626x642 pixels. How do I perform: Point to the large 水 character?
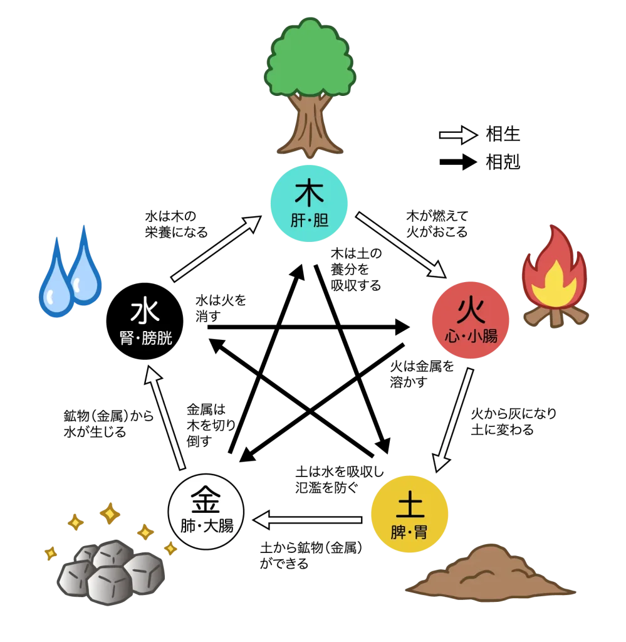pos(145,312)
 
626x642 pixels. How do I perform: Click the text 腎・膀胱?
pos(145,339)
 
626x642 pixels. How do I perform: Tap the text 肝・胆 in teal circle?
pos(309,221)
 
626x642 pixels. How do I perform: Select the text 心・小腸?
pos(471,337)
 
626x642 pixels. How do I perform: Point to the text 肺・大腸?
pos(207,526)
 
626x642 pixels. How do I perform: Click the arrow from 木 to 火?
pos(401,245)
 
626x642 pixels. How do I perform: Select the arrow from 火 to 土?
pos(453,419)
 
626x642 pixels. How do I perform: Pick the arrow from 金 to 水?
pos(165,418)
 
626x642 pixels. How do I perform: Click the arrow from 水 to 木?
pos(216,248)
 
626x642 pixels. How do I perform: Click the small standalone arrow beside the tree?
pos(458,135)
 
